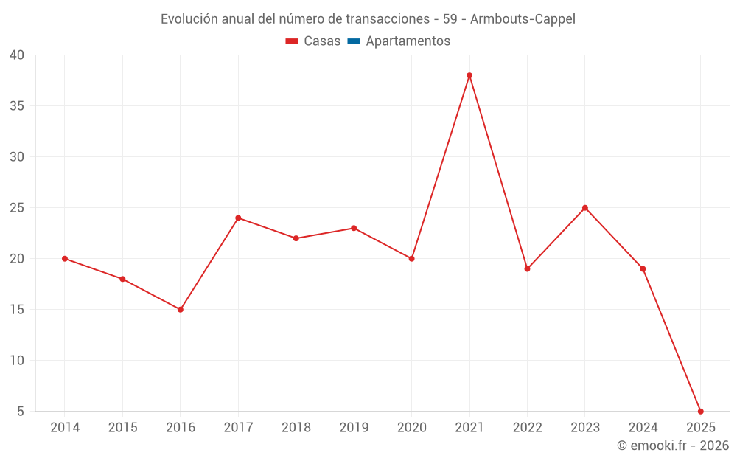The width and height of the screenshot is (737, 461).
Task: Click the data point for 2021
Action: [469, 75]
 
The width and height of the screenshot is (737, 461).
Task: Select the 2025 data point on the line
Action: [701, 411]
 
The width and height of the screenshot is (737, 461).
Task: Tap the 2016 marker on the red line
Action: [181, 309]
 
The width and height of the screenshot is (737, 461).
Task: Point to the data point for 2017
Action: [238, 218]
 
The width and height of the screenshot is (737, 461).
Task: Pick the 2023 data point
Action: [585, 208]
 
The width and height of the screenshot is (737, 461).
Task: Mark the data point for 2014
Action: [65, 259]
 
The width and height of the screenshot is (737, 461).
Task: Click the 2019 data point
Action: [354, 228]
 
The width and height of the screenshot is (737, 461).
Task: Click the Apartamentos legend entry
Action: [408, 41]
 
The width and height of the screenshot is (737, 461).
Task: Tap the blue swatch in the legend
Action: [354, 41]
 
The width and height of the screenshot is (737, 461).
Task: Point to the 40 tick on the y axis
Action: [17, 55]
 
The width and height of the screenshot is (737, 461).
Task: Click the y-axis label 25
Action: [17, 208]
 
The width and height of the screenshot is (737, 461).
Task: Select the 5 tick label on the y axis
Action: [21, 412]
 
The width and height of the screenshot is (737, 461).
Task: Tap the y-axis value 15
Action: [17, 310]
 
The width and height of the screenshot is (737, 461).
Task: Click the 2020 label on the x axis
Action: [411, 428]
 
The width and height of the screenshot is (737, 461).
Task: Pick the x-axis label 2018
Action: [296, 428]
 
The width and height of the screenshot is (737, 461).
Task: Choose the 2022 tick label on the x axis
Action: [527, 428]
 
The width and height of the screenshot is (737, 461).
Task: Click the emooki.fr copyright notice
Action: [673, 446]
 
